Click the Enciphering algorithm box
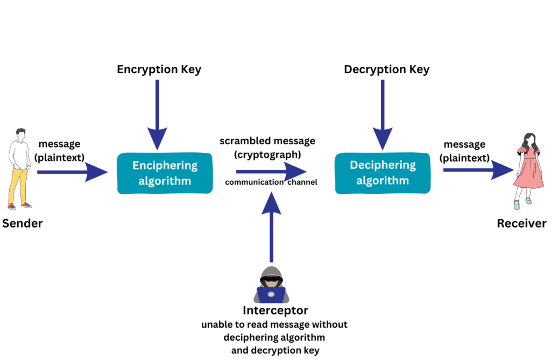(x=164, y=173)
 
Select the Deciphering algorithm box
(x=383, y=173)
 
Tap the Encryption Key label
(x=159, y=70)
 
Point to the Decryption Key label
(x=386, y=70)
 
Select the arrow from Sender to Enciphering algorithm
(x=73, y=172)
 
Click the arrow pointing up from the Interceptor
(x=271, y=226)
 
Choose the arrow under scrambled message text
(x=272, y=172)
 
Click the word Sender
(x=22, y=223)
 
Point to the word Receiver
(x=521, y=223)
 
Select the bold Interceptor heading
(x=275, y=310)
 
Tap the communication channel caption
(x=271, y=182)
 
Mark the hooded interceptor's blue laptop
(x=271, y=294)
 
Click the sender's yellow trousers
(x=19, y=180)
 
